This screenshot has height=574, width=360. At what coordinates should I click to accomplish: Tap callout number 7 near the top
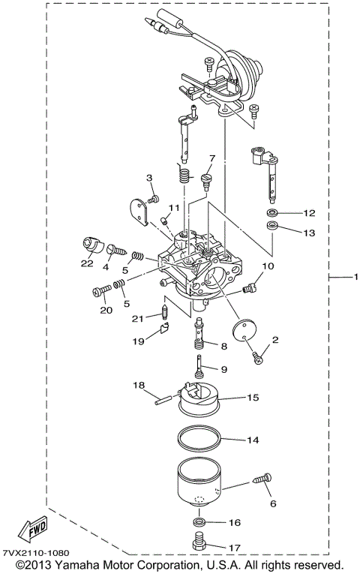pos(212,158)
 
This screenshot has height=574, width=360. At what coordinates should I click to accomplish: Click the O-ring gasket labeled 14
pos(199,440)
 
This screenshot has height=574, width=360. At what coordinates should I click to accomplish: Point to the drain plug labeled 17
pos(200,541)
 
